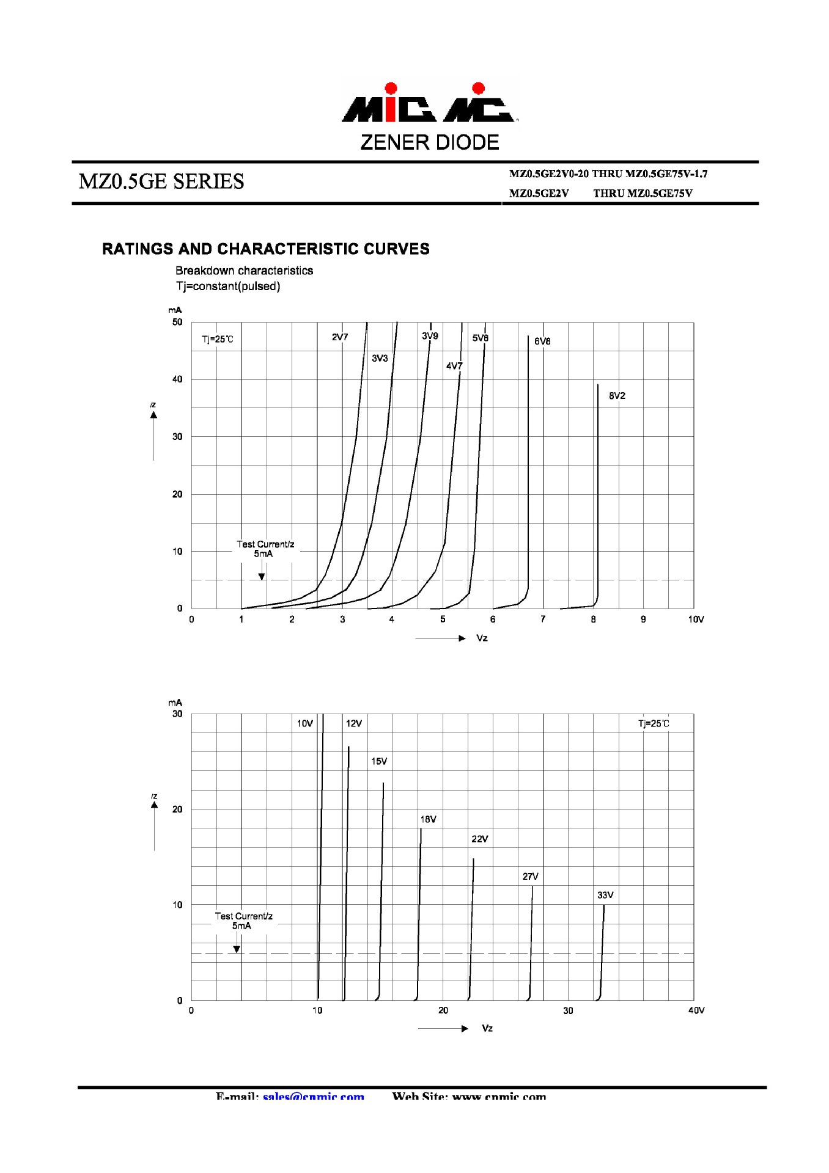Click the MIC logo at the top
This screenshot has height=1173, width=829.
(430, 103)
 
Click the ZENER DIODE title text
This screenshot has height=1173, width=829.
(430, 142)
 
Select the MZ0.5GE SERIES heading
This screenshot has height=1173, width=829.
(161, 181)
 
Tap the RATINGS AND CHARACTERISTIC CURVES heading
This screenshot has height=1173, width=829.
(265, 249)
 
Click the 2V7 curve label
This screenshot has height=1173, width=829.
(340, 337)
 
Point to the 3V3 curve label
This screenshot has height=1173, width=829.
(380, 358)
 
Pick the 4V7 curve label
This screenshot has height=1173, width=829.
(454, 366)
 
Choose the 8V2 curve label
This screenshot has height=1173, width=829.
(617, 396)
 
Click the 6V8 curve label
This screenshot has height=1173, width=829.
(542, 342)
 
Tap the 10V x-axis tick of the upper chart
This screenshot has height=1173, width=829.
(696, 619)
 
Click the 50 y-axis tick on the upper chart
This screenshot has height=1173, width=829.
(177, 322)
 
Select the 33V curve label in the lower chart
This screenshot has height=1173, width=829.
(605, 895)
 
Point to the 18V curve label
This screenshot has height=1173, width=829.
(428, 819)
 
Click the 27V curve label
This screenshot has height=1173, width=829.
(531, 876)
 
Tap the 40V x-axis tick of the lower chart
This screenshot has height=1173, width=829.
(696, 1010)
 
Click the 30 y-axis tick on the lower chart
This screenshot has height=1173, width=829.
(177, 714)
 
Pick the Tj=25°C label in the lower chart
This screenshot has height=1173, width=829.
(654, 724)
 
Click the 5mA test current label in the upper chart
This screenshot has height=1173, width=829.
(263, 554)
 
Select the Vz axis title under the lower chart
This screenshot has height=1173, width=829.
(487, 1028)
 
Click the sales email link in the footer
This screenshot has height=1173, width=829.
(314, 1096)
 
